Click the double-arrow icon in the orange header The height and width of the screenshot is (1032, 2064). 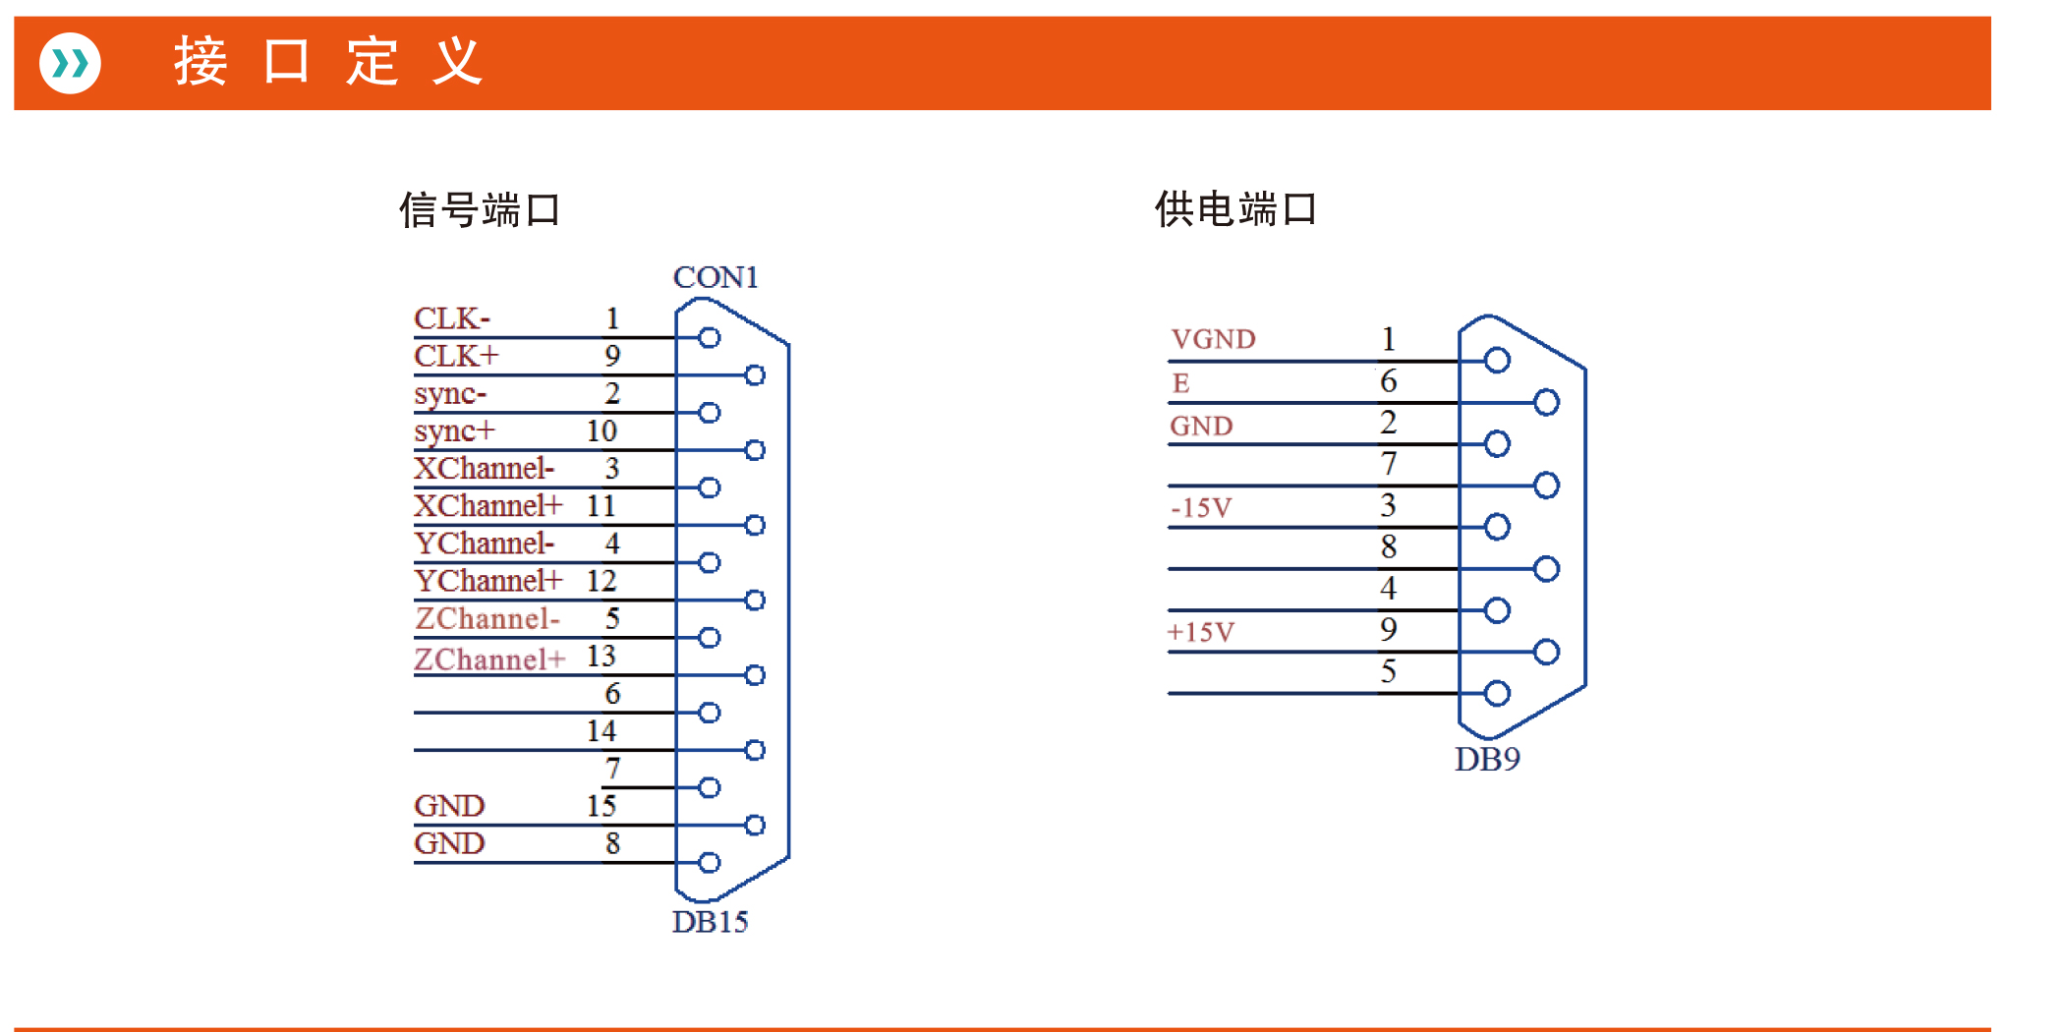(70, 64)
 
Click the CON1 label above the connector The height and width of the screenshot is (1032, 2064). (716, 277)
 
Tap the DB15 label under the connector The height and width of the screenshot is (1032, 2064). (710, 922)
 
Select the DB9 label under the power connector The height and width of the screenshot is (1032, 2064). (1487, 759)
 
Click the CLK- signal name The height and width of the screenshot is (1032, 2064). (451, 318)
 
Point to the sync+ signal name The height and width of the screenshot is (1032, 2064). (454, 430)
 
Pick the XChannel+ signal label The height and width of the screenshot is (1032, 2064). (487, 505)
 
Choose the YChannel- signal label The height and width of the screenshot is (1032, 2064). (484, 543)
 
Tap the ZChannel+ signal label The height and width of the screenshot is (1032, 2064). (489, 659)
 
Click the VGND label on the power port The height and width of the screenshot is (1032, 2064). (1213, 339)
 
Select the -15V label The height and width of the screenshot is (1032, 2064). (1200, 507)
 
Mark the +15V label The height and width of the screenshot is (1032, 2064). (1200, 631)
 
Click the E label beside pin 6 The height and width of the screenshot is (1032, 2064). (1180, 382)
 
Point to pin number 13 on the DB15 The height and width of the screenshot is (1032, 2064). (601, 656)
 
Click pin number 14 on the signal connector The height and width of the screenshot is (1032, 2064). (601, 730)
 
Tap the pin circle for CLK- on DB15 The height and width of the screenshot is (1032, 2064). (710, 337)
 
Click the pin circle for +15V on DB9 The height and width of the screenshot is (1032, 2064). (1546, 652)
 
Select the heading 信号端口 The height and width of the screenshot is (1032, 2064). (480, 209)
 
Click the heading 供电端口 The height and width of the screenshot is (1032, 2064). (1235, 208)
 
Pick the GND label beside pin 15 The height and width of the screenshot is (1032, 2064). (449, 806)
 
